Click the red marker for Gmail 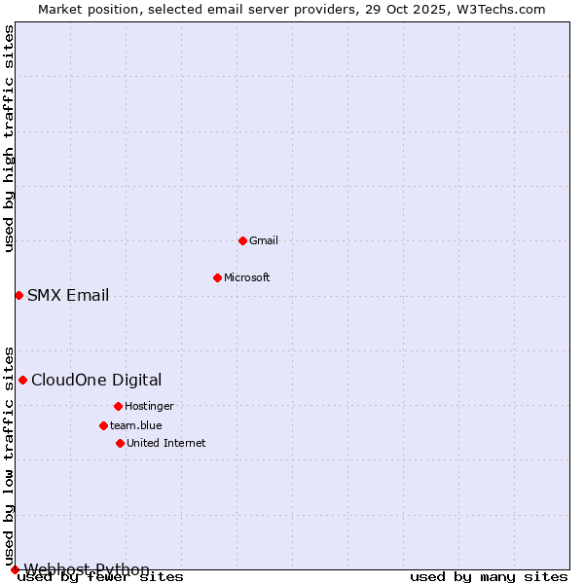[242, 240]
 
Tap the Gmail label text [264, 240]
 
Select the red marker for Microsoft [217, 277]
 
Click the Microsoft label [247, 277]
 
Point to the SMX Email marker [18, 295]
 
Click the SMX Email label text [68, 296]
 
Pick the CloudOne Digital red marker [22, 380]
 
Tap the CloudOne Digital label [96, 381]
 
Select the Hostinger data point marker [118, 406]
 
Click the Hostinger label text [149, 406]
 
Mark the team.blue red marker [103, 425]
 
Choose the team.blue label [136, 425]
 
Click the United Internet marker [120, 443]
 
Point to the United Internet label [166, 443]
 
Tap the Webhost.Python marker [15, 569]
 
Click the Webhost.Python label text [87, 569]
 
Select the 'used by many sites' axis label [489, 577]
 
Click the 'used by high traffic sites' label [10, 138]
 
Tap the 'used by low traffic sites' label [10, 456]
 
